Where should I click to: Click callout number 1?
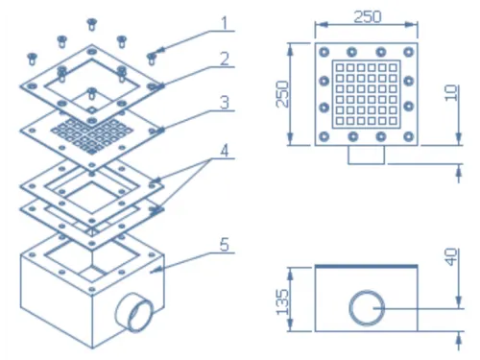(x=225, y=23)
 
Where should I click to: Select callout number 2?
(x=225, y=59)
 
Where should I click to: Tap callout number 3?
(x=225, y=103)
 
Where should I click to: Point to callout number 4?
(x=225, y=151)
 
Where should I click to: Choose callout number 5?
(x=225, y=245)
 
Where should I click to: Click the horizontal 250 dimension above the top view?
(x=367, y=16)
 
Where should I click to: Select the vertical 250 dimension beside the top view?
(x=282, y=94)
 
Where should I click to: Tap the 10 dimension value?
(x=451, y=93)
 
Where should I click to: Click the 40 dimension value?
(x=451, y=257)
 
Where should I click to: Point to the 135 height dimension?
(x=282, y=302)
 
